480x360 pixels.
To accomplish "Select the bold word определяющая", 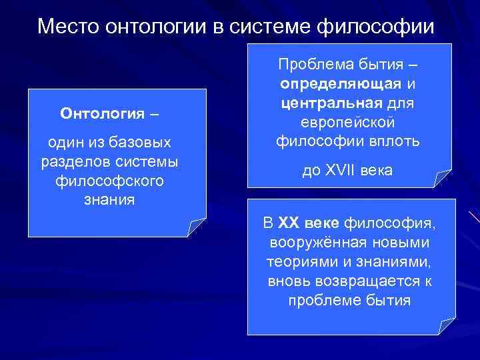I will tap(341, 85).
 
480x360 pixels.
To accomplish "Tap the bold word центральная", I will tap(331, 103).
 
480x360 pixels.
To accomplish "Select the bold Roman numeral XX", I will tap(290, 223).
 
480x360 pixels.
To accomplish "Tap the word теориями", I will tap(295, 261).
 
